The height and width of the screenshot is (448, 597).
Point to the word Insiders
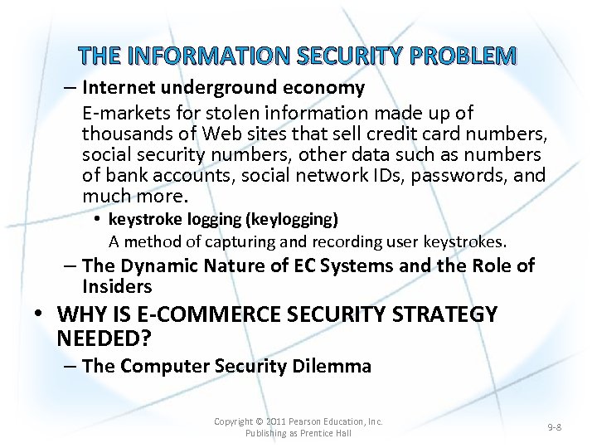click(117, 287)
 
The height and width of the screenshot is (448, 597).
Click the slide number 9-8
click(555, 426)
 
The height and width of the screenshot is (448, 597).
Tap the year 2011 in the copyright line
click(276, 421)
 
